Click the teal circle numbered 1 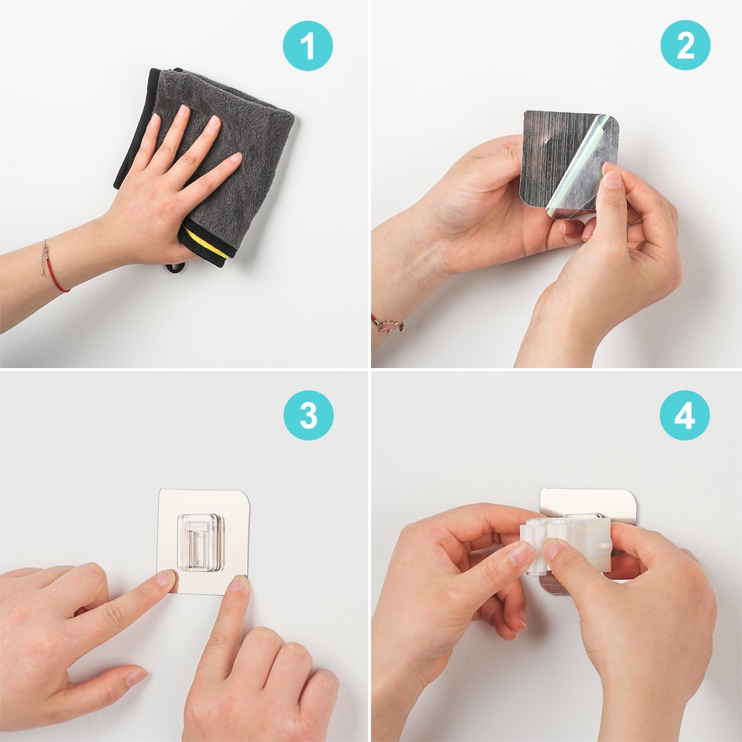click(308, 46)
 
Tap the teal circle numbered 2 click(685, 45)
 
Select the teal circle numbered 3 click(309, 416)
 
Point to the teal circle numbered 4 click(685, 416)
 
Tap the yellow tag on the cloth click(209, 243)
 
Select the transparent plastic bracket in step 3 click(199, 541)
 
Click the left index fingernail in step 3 click(166, 577)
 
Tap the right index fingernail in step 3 click(239, 583)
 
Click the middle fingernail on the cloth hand click(183, 112)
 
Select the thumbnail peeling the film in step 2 click(613, 180)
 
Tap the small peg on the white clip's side click(605, 545)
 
